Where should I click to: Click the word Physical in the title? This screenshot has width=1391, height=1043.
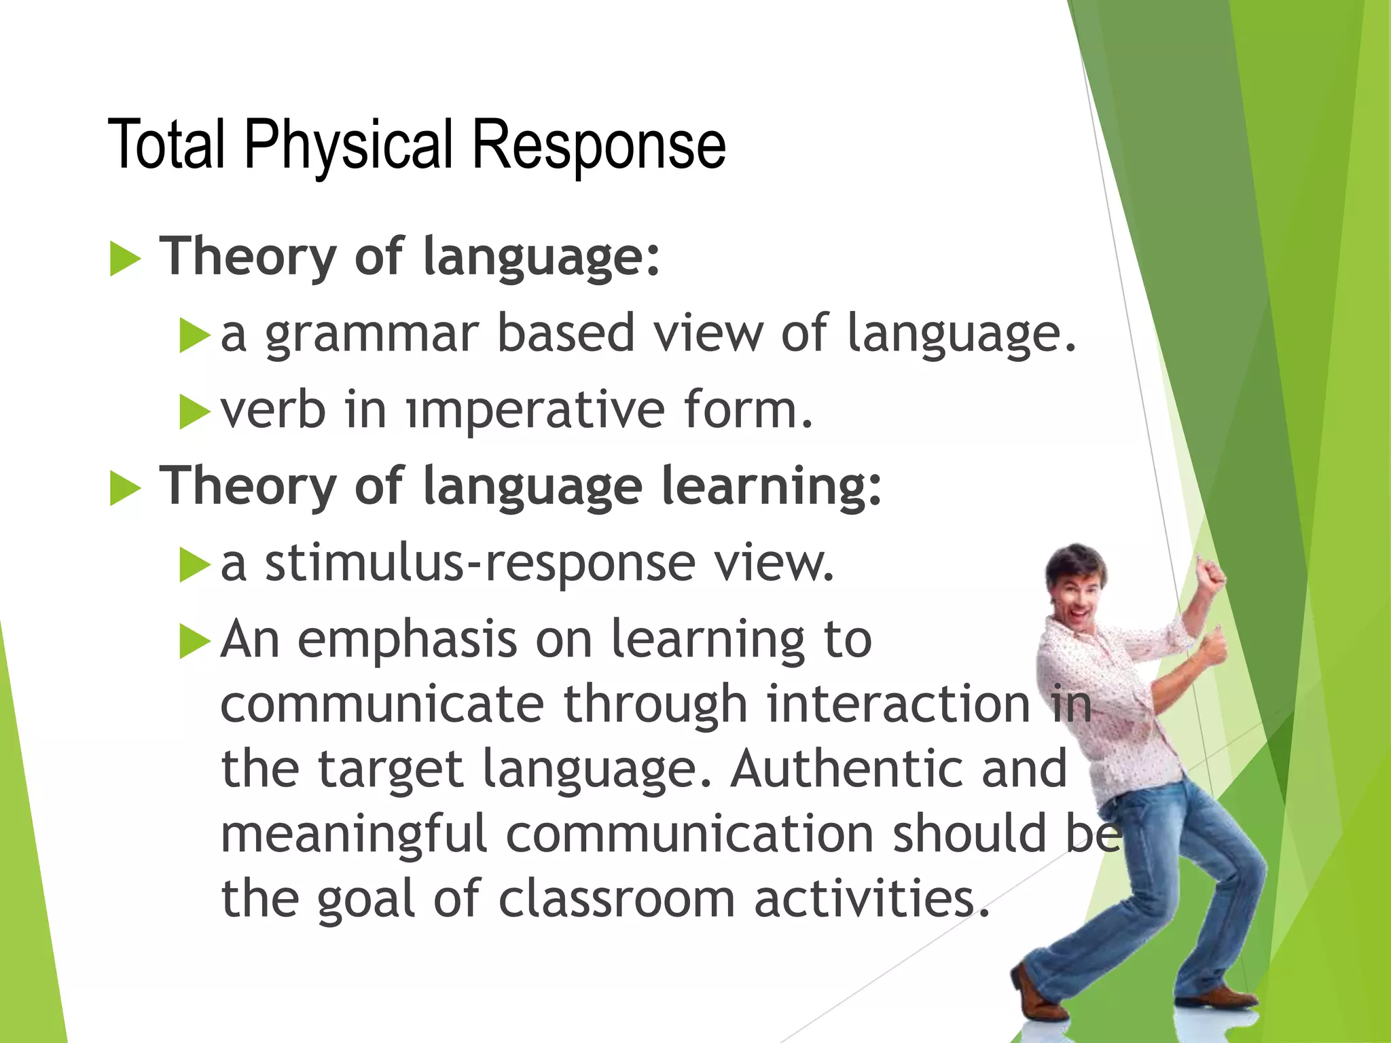point(348,145)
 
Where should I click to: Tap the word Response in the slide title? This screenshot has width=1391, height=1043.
point(598,145)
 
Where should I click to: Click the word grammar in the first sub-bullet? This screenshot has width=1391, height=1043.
point(372,334)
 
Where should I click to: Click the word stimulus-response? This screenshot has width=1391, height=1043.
point(480,564)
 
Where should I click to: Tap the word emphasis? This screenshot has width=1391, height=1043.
point(408,640)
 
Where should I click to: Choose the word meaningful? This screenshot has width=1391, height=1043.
point(354,834)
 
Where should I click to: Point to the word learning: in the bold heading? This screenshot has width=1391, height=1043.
point(771,487)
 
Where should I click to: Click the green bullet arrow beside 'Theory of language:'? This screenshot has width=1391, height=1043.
point(125,259)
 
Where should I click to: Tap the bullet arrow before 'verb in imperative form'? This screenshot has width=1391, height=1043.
point(195,412)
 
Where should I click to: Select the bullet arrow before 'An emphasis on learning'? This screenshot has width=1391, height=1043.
point(195,642)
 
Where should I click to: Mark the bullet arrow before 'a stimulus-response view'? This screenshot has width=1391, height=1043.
point(195,565)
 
